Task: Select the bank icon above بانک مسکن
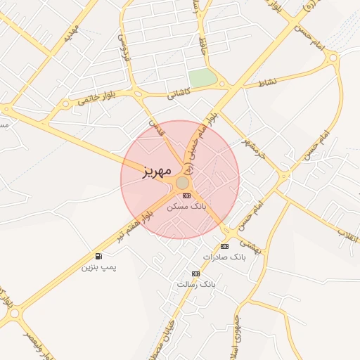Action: (186, 195)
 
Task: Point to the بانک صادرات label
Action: (225, 257)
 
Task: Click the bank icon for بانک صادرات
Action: (224, 246)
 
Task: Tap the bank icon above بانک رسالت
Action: (195, 274)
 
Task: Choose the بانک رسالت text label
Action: (198, 285)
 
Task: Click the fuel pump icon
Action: (98, 256)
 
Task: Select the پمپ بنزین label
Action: (98, 267)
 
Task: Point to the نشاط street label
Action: (268, 82)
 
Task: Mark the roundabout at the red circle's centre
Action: (181, 182)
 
